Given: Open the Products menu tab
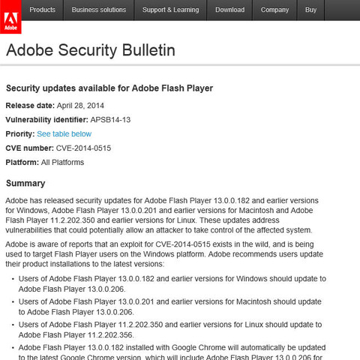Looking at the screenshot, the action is tap(42, 10).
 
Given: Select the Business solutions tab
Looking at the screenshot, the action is tap(100, 10).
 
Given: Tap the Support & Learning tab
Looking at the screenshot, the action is tap(171, 10).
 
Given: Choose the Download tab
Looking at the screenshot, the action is tap(229, 10).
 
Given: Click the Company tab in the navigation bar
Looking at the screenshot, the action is tap(274, 10).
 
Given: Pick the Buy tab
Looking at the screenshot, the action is tap(310, 10).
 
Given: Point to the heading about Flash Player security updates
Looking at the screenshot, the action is tap(109, 88).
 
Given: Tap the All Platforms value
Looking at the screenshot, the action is tap(63, 162).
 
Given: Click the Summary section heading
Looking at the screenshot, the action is tap(25, 184).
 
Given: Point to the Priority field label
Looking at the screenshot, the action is tap(19, 133).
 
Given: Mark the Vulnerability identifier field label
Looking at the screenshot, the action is tap(46, 119).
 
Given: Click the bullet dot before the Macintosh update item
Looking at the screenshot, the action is tap(13, 301).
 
